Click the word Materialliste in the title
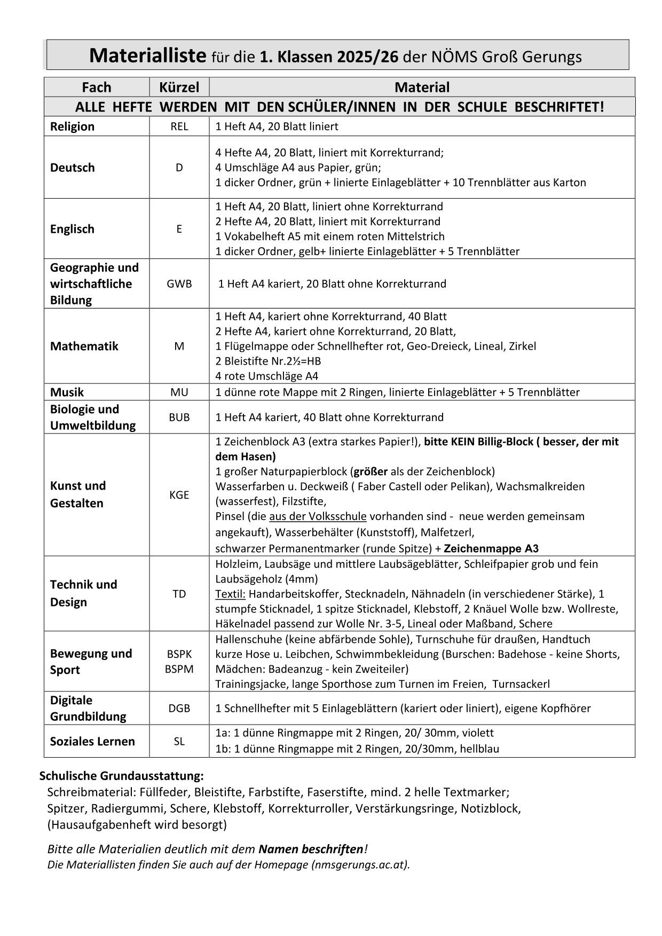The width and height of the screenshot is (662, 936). point(148,55)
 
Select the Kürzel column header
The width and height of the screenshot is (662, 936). point(179,87)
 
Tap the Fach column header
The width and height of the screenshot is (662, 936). point(97,87)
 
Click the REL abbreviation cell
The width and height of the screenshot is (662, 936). point(179,127)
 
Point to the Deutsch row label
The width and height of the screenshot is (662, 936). point(72,168)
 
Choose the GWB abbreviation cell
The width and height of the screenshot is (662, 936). point(179,284)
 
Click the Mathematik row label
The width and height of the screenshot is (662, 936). point(84,346)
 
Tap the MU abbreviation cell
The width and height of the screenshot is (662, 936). point(179,392)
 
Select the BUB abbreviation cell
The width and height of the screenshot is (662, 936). point(179,417)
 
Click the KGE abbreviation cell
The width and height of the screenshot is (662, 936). point(179,495)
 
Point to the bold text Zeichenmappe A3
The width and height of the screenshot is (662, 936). point(491,548)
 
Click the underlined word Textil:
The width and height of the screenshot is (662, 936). point(231,594)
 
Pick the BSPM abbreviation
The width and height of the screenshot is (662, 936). point(179,668)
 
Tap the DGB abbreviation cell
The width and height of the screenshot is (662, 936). point(179,708)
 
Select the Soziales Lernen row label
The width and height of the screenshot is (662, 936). point(92,741)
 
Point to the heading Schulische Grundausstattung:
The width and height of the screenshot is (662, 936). point(122,775)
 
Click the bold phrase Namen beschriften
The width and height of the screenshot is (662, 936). point(311,849)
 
